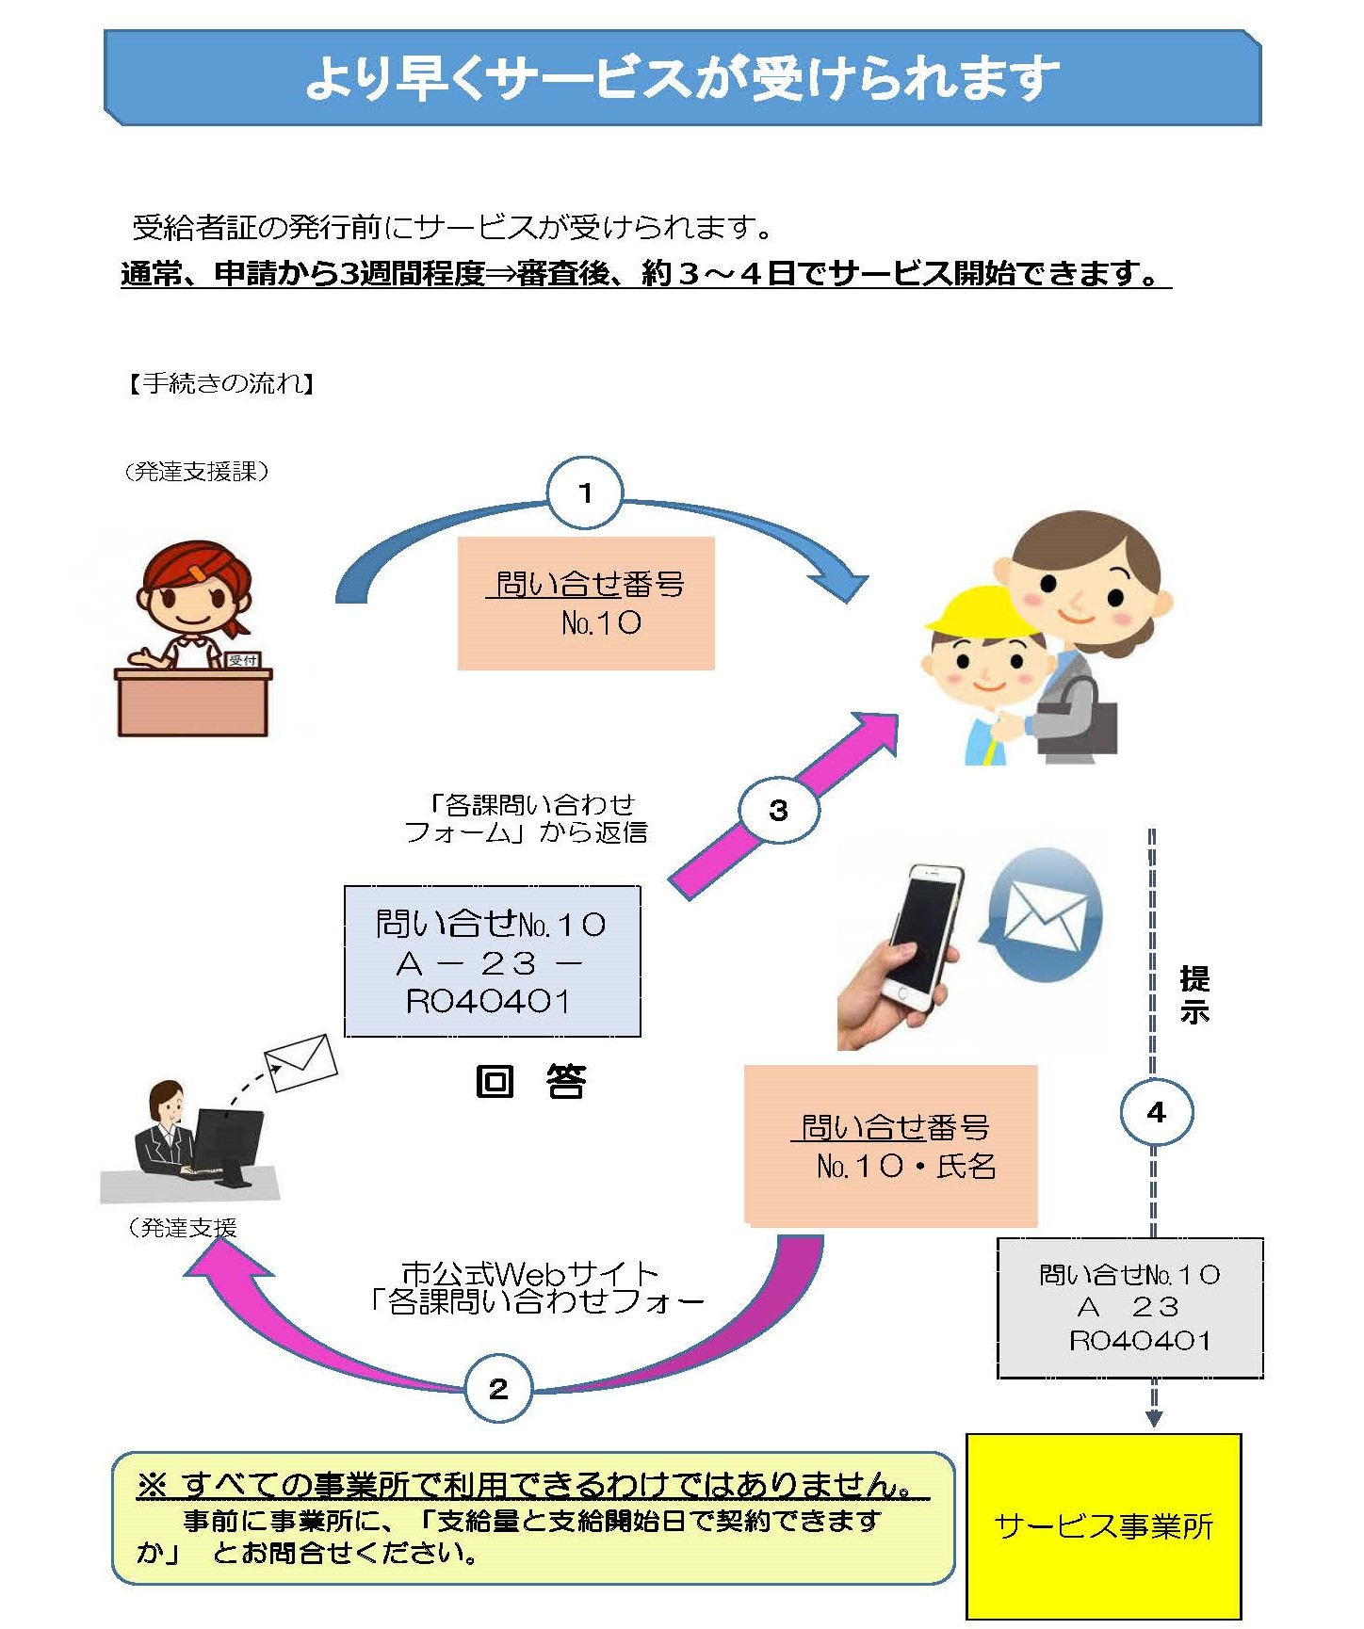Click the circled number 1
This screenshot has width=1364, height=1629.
(x=585, y=492)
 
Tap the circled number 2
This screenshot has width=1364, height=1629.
(x=498, y=1388)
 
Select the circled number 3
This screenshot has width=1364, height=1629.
(x=778, y=810)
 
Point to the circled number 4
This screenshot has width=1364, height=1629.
(x=1156, y=1112)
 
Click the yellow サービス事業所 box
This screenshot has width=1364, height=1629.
(x=1103, y=1524)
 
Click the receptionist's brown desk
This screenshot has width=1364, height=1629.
(x=192, y=702)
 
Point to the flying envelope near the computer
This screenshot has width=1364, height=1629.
(x=300, y=1062)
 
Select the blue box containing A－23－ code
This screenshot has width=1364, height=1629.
(x=492, y=961)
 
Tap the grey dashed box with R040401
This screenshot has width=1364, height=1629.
(x=1129, y=1308)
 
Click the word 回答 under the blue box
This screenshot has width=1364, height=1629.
(x=530, y=1082)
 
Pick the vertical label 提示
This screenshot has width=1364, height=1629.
(x=1193, y=994)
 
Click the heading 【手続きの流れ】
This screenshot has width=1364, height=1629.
(x=221, y=383)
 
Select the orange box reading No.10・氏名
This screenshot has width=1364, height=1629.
(x=890, y=1146)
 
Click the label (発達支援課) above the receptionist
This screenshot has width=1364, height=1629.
(x=196, y=472)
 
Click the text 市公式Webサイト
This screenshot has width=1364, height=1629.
(x=529, y=1274)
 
